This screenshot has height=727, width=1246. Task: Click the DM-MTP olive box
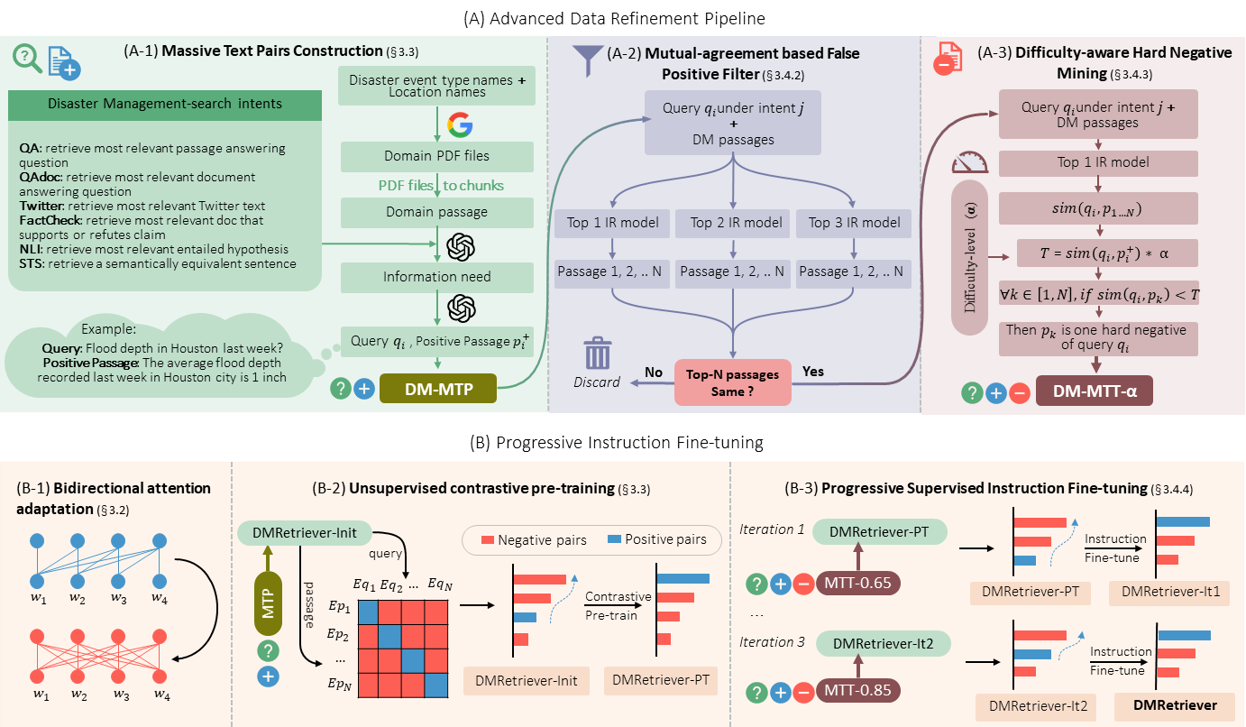(437, 383)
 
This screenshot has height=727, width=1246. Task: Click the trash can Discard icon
(598, 354)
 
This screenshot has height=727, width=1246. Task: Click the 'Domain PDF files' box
(438, 155)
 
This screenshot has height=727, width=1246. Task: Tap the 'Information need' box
(438, 277)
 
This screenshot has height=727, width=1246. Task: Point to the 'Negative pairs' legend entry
(535, 540)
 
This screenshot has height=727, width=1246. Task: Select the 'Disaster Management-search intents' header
(164, 104)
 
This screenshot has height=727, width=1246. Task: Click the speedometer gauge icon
(970, 161)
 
